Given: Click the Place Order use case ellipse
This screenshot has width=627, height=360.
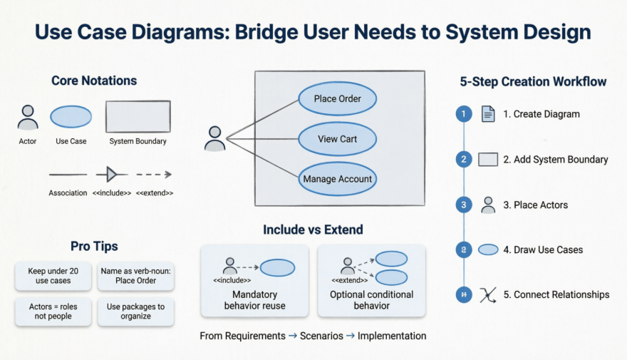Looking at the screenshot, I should (x=337, y=99).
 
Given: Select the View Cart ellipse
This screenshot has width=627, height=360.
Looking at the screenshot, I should (x=337, y=139).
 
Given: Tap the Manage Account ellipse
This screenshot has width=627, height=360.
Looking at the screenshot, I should (x=337, y=179).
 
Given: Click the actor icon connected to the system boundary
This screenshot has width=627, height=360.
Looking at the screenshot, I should (x=214, y=138).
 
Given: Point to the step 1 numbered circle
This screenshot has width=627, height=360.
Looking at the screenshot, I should (x=464, y=114).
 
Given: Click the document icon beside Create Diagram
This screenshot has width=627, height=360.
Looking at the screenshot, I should (x=488, y=114).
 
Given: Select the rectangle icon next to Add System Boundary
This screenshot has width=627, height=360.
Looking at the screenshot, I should (x=488, y=160).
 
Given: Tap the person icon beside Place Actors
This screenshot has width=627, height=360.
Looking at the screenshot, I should (x=488, y=205).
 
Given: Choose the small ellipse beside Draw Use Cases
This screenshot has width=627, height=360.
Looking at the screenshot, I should (x=488, y=250).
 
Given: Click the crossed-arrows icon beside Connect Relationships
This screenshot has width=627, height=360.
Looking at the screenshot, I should (x=488, y=294).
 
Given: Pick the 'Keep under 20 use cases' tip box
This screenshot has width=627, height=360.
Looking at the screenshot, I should (x=53, y=276).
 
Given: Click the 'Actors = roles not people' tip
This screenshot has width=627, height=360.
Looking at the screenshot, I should (x=53, y=312).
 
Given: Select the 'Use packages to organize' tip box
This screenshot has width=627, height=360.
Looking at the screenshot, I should (x=135, y=312).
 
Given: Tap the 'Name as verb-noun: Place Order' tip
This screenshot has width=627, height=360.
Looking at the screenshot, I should (x=135, y=276).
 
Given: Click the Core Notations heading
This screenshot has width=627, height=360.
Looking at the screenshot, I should (x=94, y=81).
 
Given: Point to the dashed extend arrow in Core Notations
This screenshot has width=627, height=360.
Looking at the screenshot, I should (x=154, y=174).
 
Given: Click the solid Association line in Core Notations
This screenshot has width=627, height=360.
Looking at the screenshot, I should (x=68, y=174).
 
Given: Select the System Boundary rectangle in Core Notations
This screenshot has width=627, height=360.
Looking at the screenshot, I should (x=138, y=117).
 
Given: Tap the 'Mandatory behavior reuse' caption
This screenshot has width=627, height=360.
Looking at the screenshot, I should (x=254, y=300).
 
